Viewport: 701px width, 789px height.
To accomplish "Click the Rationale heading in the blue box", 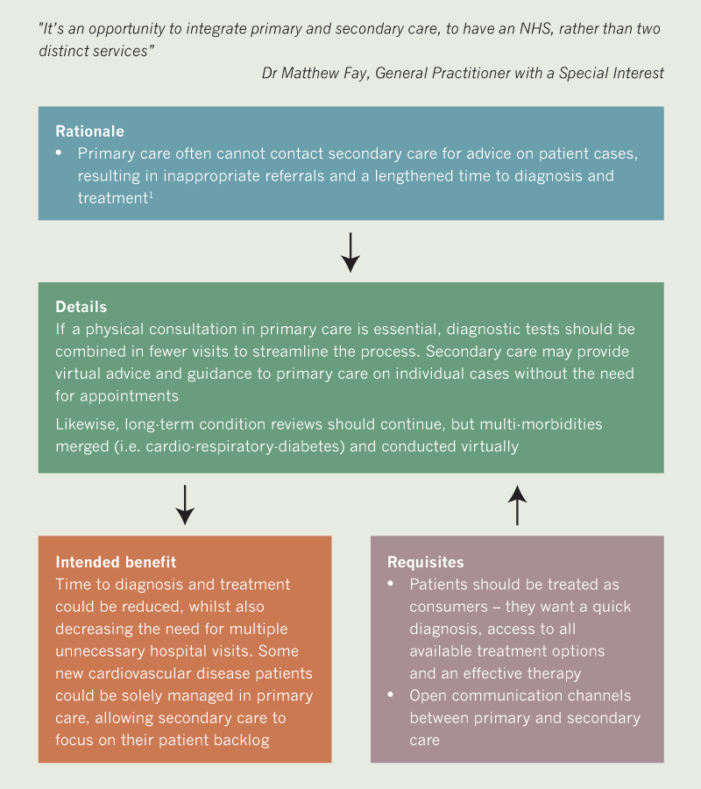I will pos(89,131).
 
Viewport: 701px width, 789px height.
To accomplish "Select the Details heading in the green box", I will pos(81,307).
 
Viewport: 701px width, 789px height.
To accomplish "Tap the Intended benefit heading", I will pos(116,561).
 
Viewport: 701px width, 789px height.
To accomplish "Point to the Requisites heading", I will pos(426,562).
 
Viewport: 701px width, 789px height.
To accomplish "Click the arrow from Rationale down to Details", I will pos(350,252).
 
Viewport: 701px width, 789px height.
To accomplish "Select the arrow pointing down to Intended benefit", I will pos(184,504).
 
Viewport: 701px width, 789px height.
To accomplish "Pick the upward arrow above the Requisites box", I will pos(517,504).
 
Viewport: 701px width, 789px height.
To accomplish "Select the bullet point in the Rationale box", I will pos(60,153).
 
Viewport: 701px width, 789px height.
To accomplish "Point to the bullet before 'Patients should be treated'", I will pos(392,584).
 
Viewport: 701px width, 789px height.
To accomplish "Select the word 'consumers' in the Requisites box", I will pos(448,607).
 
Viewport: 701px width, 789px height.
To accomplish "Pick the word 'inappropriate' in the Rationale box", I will pos(186,175).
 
